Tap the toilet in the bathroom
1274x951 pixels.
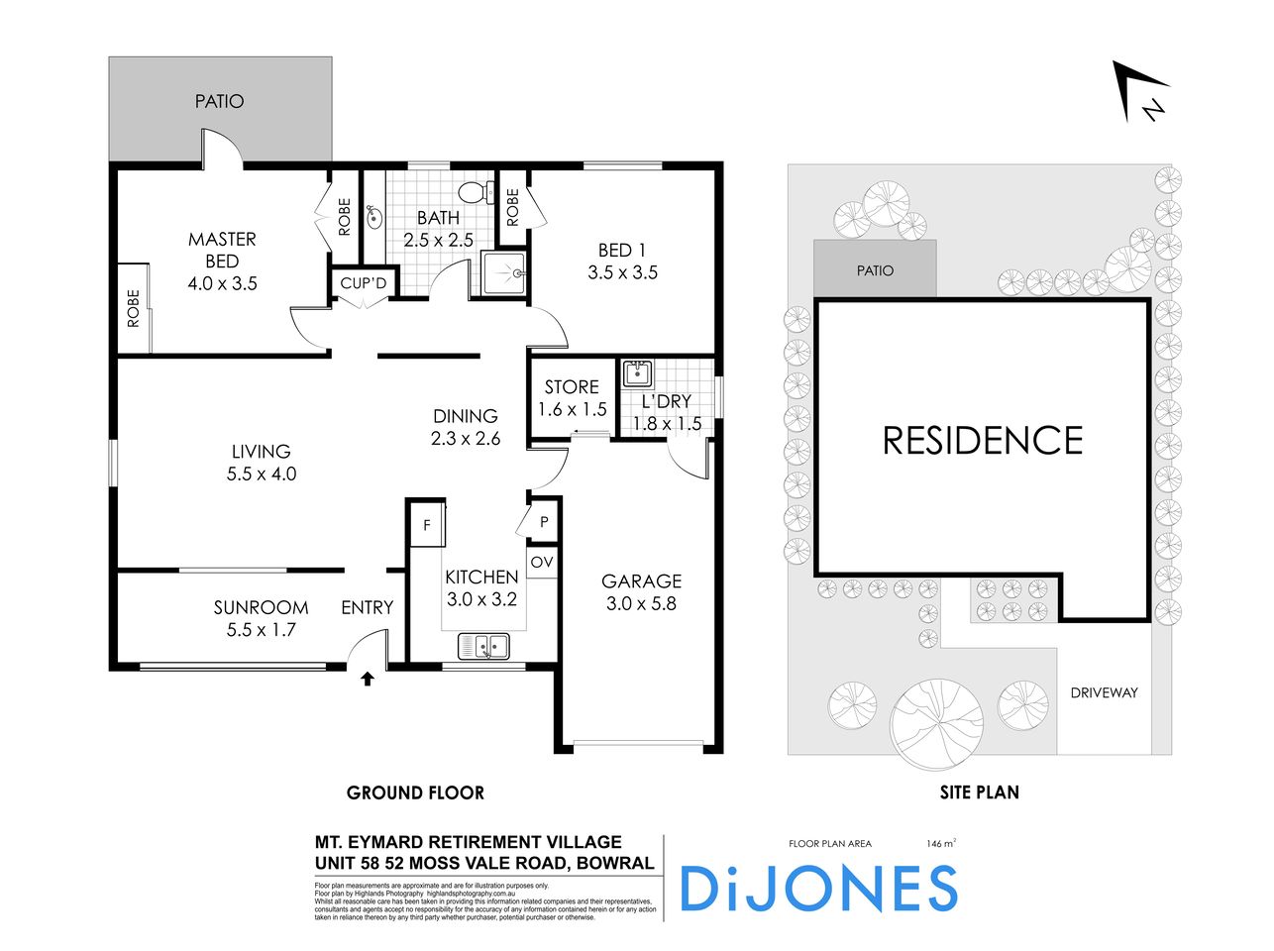478,192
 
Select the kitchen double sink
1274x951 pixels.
483,647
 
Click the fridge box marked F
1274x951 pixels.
427,525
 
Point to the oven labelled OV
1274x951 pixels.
542,563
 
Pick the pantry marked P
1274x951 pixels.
544,521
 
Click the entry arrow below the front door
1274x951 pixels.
368,679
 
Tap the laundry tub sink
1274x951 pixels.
636,374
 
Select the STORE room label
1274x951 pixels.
572,387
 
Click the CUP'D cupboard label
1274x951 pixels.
364,284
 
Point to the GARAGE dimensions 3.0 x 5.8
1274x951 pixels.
641,602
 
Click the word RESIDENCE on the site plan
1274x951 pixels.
983,441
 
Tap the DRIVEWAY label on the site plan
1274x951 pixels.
1104,692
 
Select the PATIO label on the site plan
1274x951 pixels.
875,270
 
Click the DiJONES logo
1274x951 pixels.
818,888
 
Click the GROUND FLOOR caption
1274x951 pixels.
415,792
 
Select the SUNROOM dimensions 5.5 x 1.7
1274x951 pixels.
262,629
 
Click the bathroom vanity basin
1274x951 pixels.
373,214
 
